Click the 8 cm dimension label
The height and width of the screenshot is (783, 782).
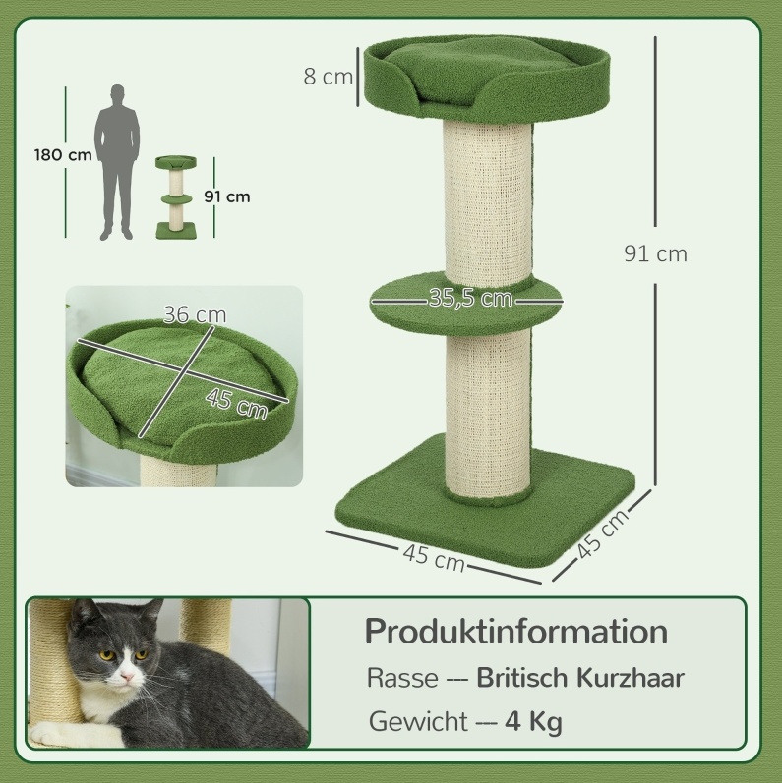[x=328, y=77]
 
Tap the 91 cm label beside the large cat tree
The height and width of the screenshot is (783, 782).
[x=655, y=253]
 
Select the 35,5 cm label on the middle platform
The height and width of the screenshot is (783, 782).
[x=470, y=298]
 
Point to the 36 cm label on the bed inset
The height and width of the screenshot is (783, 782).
[x=195, y=314]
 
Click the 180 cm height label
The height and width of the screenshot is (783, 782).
[x=63, y=155]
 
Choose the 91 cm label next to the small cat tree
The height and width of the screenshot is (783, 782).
[x=227, y=196]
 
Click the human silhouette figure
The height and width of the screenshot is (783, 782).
[x=117, y=162]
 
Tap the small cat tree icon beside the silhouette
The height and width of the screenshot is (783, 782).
[x=175, y=197]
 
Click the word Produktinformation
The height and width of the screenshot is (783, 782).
[x=516, y=631]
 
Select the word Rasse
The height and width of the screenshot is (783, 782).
[x=402, y=678]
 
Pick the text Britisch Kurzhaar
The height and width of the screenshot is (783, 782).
[x=580, y=678]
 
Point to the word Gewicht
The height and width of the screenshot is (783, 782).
[x=418, y=721]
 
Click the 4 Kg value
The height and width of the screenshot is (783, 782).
[x=533, y=722]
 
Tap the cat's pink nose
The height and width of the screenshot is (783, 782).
[x=126, y=677]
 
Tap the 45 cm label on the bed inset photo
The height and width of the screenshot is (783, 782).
[x=236, y=404]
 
